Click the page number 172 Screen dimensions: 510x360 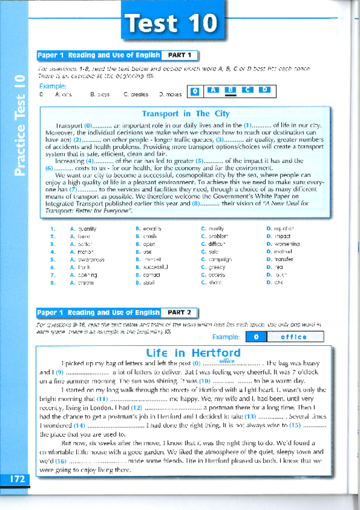coord(17,479)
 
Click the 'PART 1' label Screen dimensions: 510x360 coord(180,55)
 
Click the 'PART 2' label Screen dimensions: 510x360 coord(180,312)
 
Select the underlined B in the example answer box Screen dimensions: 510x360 coord(230,90)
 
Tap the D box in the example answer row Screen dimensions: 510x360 coord(263,90)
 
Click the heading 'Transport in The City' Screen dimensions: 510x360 coord(185,114)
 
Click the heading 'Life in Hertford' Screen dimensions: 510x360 coord(185,353)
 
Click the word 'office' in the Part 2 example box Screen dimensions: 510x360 coord(293,337)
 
